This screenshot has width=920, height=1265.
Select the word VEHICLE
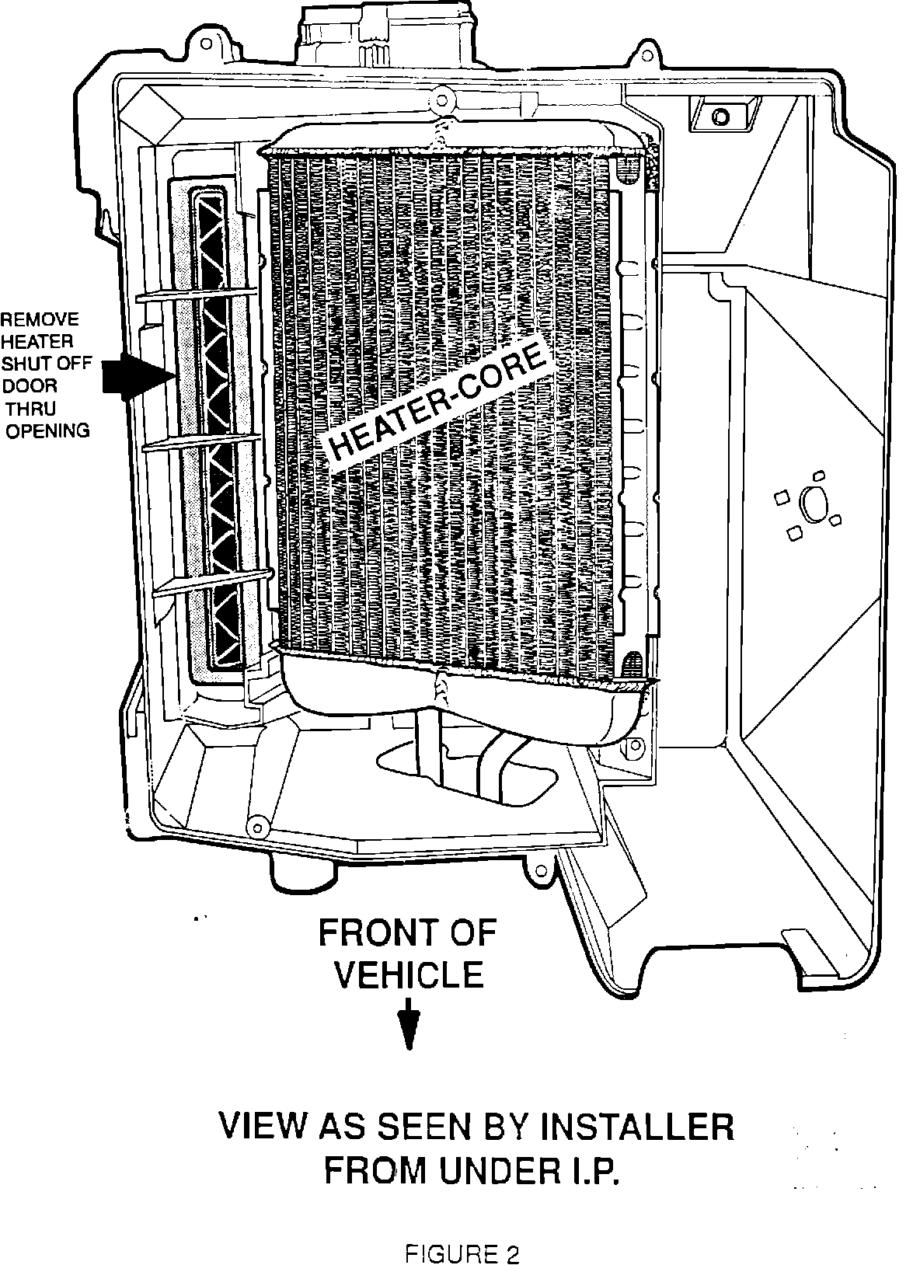[x=409, y=974]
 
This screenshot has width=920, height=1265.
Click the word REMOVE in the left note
[x=39, y=319]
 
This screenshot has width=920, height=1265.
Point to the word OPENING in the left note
[x=47, y=430]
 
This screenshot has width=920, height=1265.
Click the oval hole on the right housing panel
[x=812, y=504]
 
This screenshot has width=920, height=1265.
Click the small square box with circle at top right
[x=720, y=115]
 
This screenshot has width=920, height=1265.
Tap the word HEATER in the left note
[x=37, y=341]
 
